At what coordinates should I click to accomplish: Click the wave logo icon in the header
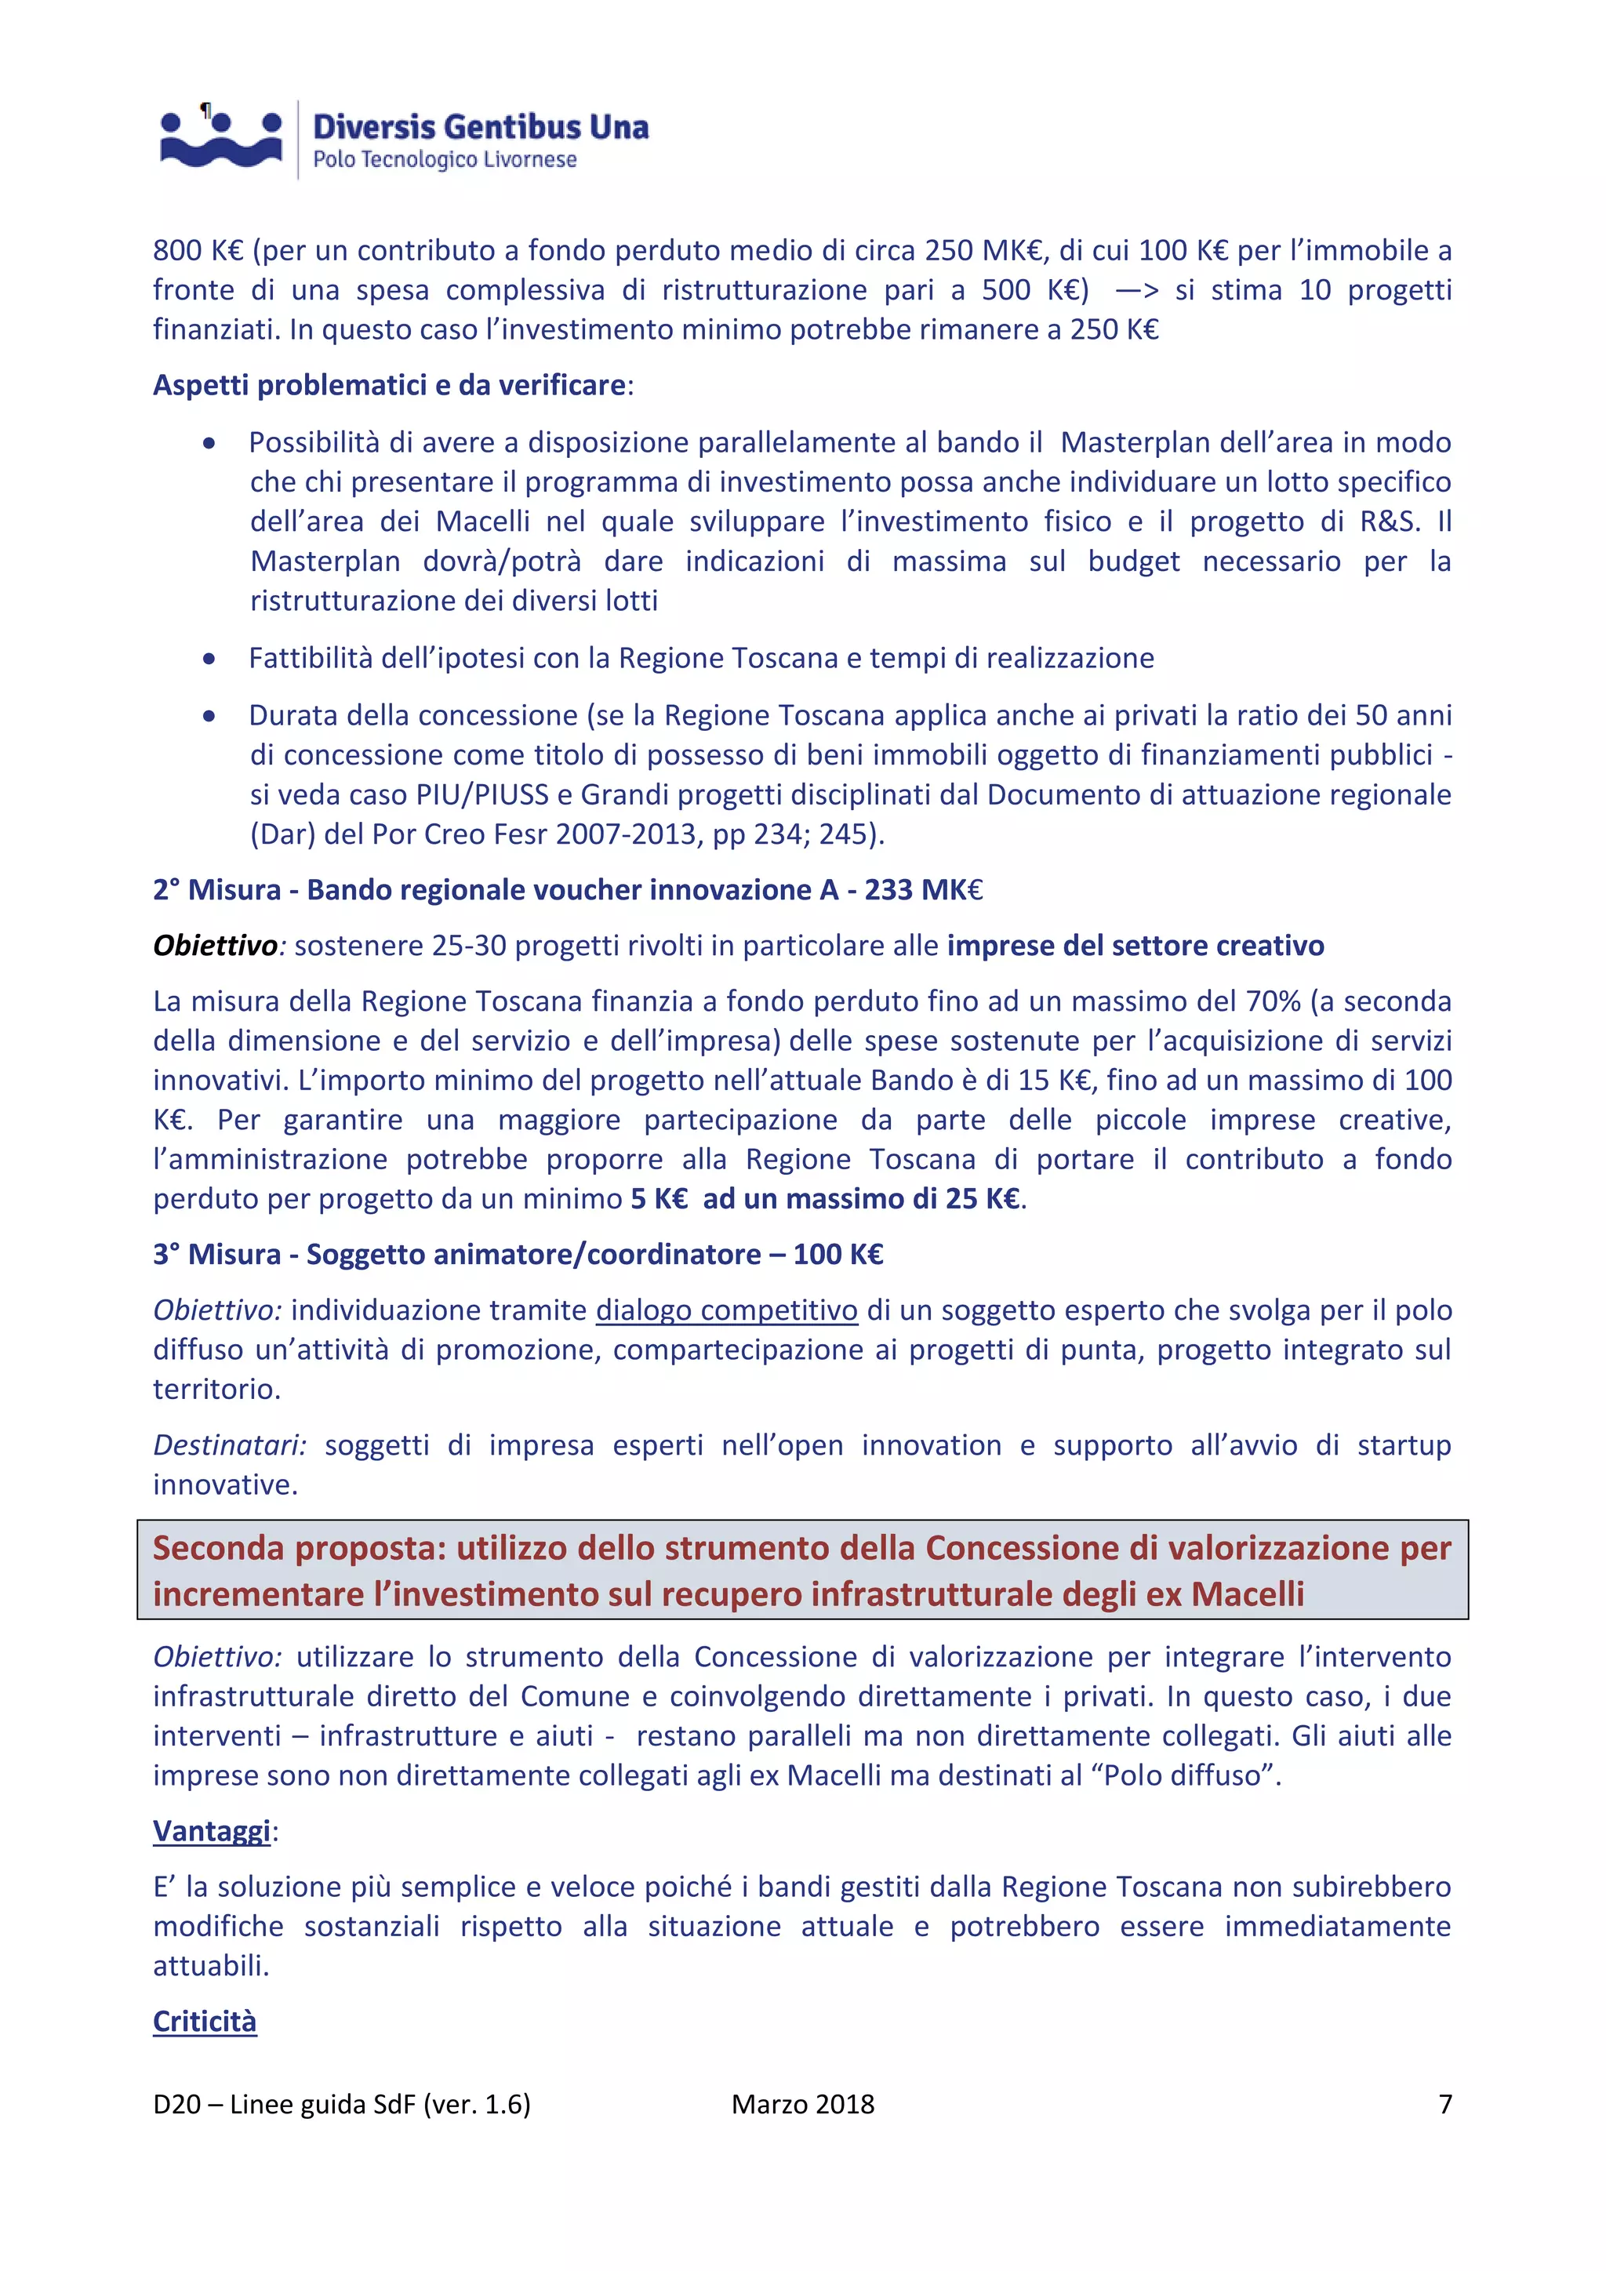(x=220, y=139)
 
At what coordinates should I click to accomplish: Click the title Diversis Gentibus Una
(x=481, y=126)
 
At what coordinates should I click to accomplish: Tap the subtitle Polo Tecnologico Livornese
(x=444, y=159)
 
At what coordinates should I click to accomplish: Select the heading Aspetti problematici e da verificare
(x=390, y=385)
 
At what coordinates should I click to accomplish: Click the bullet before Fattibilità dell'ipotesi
(x=209, y=659)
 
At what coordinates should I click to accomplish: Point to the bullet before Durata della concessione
(x=209, y=716)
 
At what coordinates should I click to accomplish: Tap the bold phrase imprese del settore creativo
(x=1135, y=946)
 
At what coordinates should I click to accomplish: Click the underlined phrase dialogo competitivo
(x=726, y=1310)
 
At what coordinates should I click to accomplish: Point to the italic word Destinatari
(x=228, y=1445)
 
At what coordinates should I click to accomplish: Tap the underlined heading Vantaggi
(x=212, y=1831)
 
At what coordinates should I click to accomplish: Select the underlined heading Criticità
(x=205, y=2021)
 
